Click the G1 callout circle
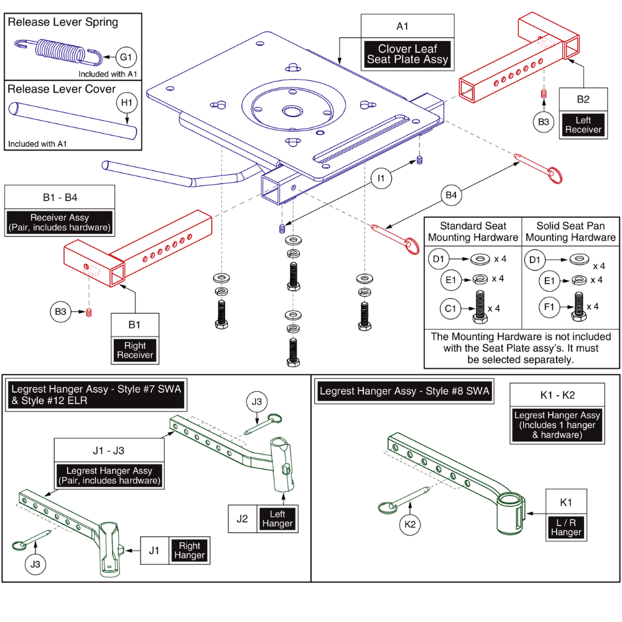125,57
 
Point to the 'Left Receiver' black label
583,124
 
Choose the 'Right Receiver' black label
135,350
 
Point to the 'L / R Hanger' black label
567,527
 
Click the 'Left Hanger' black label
277,518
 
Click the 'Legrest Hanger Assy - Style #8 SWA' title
404,391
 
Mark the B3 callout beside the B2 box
543,121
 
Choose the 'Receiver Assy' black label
60,223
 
